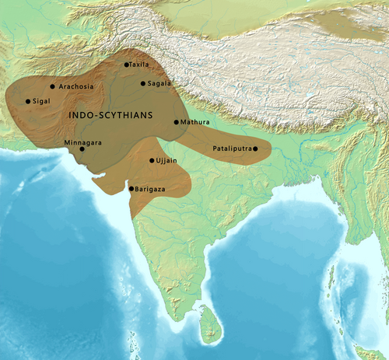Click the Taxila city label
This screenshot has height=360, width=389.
139,65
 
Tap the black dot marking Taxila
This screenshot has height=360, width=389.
127,65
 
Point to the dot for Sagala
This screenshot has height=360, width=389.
143,83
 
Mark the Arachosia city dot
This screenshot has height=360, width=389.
52,86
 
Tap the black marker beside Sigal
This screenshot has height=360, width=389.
28,101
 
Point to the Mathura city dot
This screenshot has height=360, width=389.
177,122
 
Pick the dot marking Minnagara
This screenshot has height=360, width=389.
82,149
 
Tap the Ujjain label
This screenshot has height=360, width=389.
167,160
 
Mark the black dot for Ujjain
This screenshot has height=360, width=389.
152,161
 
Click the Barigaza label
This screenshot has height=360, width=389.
149,188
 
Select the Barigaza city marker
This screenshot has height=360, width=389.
131,188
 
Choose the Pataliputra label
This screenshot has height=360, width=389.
232,148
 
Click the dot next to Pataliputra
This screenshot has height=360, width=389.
255,148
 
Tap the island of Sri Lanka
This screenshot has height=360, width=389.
209,325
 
